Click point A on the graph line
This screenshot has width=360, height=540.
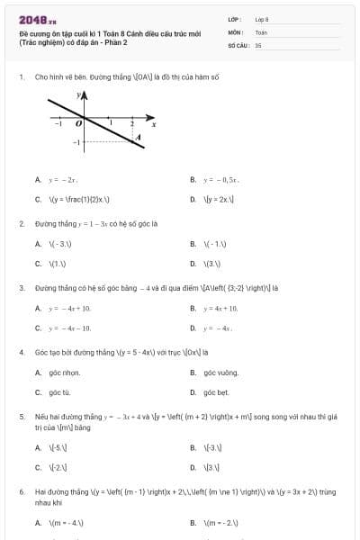[137, 136]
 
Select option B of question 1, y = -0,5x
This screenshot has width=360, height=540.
[220, 180]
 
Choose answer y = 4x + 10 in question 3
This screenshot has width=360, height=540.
[223, 308]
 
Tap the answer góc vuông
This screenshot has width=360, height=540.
[220, 373]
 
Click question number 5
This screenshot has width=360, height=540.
[21, 417]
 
